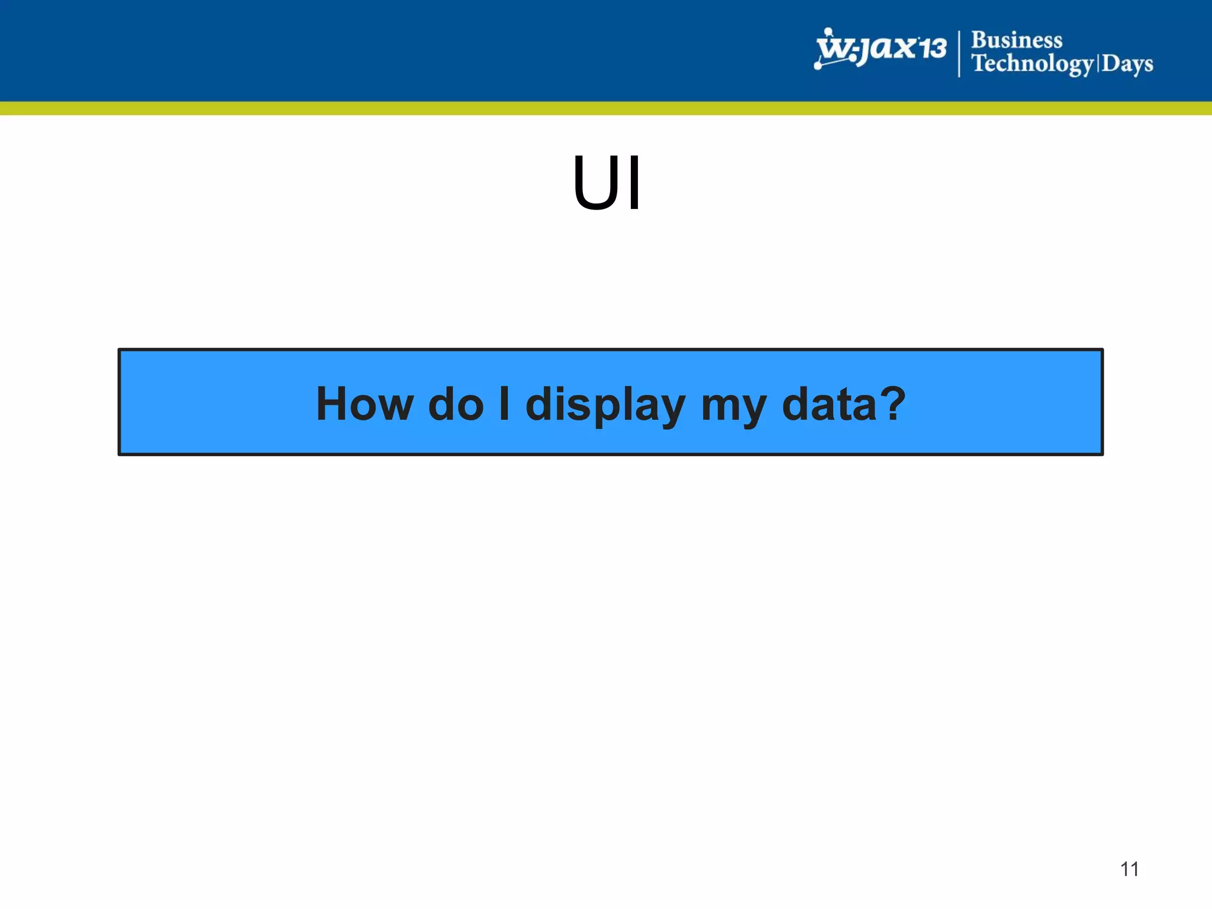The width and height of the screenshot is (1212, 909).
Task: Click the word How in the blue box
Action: pos(365,404)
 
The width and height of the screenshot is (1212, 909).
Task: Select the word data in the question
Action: pos(828,404)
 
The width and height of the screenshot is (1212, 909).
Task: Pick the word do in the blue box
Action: pos(456,404)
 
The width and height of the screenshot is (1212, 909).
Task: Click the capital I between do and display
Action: pos(504,404)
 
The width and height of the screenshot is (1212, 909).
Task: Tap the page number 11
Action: pos(1129,869)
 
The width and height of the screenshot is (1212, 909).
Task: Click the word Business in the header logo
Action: pos(1017,40)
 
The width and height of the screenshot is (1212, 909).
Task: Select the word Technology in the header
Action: pos(1032,63)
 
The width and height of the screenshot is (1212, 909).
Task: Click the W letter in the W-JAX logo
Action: pos(834,47)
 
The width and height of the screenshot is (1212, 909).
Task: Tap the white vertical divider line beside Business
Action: pos(959,53)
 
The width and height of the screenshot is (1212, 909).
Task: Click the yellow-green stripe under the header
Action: pos(606,108)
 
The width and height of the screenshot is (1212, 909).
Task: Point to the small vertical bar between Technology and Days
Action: pos(1098,63)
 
